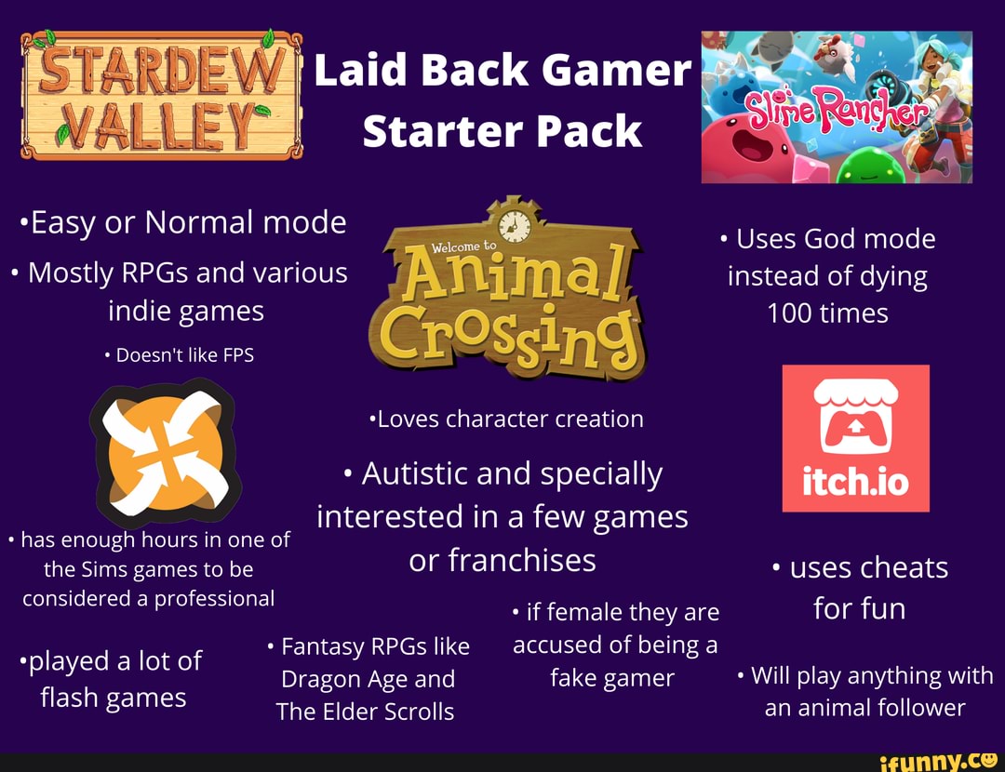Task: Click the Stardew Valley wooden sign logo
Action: [x=161, y=95]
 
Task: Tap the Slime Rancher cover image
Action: [x=836, y=106]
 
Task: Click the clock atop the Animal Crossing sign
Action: [x=513, y=224]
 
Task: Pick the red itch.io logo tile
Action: [x=855, y=438]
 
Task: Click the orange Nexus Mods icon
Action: [x=166, y=453]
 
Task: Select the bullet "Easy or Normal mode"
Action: [x=183, y=222]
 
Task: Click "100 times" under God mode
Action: [x=827, y=313]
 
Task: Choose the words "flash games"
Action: [x=113, y=698]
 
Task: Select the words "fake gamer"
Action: [x=611, y=678]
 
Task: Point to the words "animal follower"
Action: [x=864, y=708]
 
